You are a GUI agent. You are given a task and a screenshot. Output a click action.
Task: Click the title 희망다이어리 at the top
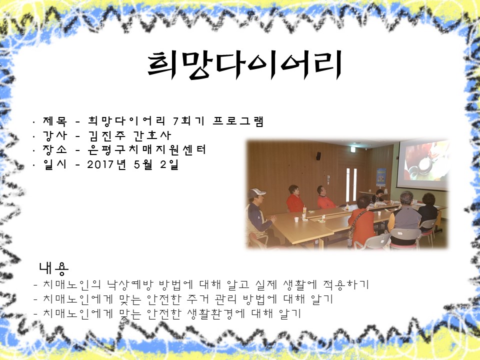click(x=244, y=65)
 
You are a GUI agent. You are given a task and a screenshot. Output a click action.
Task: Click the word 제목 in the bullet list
click(x=55, y=121)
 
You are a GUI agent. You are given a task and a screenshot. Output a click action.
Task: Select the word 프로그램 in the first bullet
click(x=238, y=121)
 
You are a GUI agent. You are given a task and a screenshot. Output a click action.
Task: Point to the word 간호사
click(x=152, y=135)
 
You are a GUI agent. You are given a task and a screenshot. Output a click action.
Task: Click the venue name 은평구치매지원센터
click(x=146, y=150)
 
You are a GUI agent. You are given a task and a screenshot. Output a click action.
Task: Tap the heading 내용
click(x=54, y=268)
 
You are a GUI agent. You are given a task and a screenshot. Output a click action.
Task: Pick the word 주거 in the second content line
click(x=198, y=299)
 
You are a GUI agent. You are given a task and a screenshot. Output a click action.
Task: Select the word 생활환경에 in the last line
click(x=216, y=313)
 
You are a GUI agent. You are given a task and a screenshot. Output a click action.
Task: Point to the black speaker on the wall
click(x=318, y=156)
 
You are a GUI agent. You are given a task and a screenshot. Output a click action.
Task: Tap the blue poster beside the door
click(x=381, y=177)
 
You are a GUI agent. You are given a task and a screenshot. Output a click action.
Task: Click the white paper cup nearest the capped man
click(x=296, y=219)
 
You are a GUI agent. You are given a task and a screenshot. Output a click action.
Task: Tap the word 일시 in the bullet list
click(x=55, y=164)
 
